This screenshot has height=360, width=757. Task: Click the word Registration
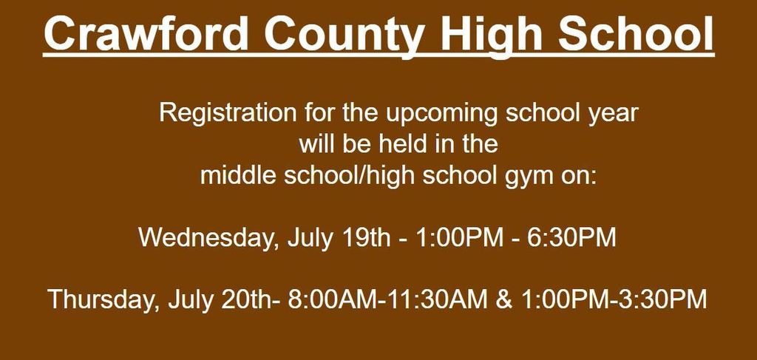[x=228, y=114]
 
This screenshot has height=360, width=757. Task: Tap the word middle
[x=239, y=175]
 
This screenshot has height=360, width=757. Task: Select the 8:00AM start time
[x=333, y=299]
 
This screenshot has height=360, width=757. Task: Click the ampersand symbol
[x=504, y=299]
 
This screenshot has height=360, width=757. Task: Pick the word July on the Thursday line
[x=190, y=299]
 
